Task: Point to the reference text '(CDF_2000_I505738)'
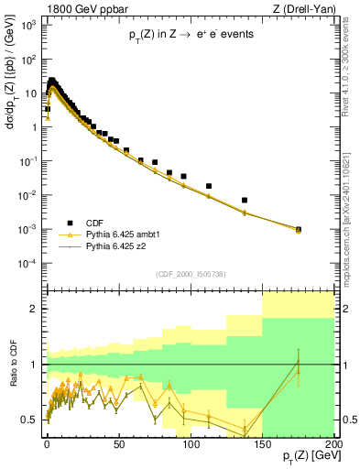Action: coord(189,274)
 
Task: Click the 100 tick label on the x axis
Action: coord(191,442)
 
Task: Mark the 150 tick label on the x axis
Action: coord(262,442)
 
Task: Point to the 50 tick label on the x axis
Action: coord(119,442)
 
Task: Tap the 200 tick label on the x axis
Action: coord(333,442)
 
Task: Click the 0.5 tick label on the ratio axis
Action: coord(32,420)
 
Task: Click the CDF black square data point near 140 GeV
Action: coord(245,200)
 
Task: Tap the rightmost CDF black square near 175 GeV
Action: coord(299,229)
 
